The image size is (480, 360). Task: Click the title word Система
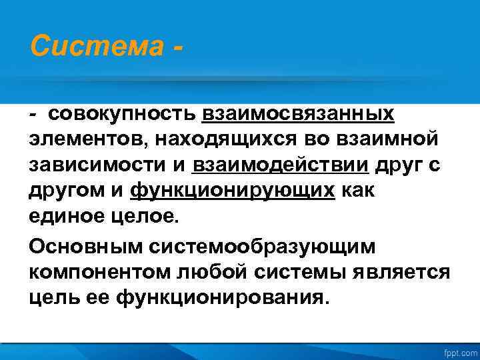[93, 47]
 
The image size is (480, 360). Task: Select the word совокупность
[123, 114]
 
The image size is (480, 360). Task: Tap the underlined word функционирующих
[233, 191]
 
